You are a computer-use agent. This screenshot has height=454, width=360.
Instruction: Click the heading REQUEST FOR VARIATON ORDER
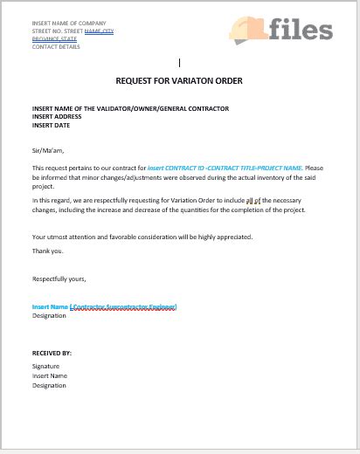179,81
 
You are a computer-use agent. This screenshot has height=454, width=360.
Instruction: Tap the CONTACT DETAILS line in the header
57,46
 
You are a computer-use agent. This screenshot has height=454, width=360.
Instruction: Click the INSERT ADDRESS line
57,116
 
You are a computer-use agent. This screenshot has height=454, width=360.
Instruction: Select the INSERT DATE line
52,124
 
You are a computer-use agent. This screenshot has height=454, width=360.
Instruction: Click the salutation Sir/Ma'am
48,150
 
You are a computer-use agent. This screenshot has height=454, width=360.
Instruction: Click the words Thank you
47,251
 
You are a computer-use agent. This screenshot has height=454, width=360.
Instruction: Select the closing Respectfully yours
59,279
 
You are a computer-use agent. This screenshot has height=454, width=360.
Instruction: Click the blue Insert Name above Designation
50,307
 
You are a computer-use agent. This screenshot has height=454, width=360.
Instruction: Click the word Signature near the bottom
46,367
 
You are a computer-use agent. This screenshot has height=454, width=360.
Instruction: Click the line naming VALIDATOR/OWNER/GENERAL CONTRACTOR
130,108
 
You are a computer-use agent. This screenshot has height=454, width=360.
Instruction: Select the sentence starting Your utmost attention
142,237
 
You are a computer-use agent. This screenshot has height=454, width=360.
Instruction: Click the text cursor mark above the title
179,63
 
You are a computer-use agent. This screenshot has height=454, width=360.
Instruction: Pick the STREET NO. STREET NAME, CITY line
73,31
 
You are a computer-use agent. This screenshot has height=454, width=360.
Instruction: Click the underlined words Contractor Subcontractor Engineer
123,307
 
